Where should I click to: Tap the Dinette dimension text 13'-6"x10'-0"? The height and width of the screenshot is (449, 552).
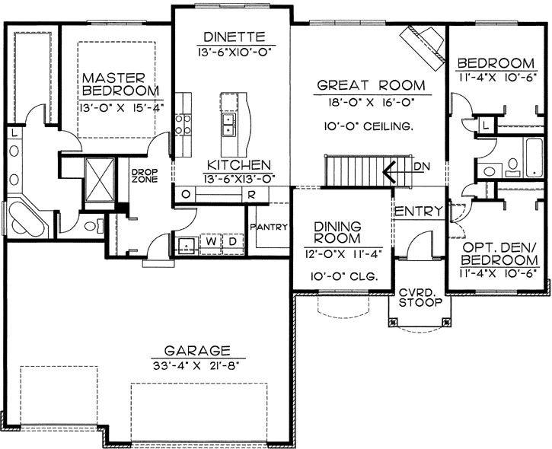point(234,51)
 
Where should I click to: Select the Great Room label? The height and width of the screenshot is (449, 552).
point(370,85)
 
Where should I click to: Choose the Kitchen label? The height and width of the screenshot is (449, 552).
point(238,164)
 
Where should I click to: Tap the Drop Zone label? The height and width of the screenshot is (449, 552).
point(144,177)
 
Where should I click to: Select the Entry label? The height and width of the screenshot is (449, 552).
point(418,210)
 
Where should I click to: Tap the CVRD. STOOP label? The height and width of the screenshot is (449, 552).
point(418,297)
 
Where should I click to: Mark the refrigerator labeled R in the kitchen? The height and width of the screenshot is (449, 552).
point(250,194)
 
